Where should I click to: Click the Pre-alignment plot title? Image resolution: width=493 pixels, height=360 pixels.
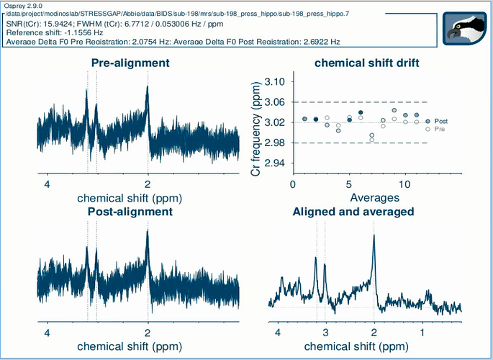pos(130,63)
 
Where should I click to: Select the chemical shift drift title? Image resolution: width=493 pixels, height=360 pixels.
pos(367,63)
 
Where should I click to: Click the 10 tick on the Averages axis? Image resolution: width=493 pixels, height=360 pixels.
pos(405,184)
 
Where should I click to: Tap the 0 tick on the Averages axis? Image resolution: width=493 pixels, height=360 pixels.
pos(293,184)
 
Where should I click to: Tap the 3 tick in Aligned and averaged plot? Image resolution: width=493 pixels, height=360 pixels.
pos(325,333)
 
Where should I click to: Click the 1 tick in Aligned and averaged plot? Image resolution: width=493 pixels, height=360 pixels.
pos(422,333)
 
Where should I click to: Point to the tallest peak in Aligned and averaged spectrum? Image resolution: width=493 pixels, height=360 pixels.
pos(374,237)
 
